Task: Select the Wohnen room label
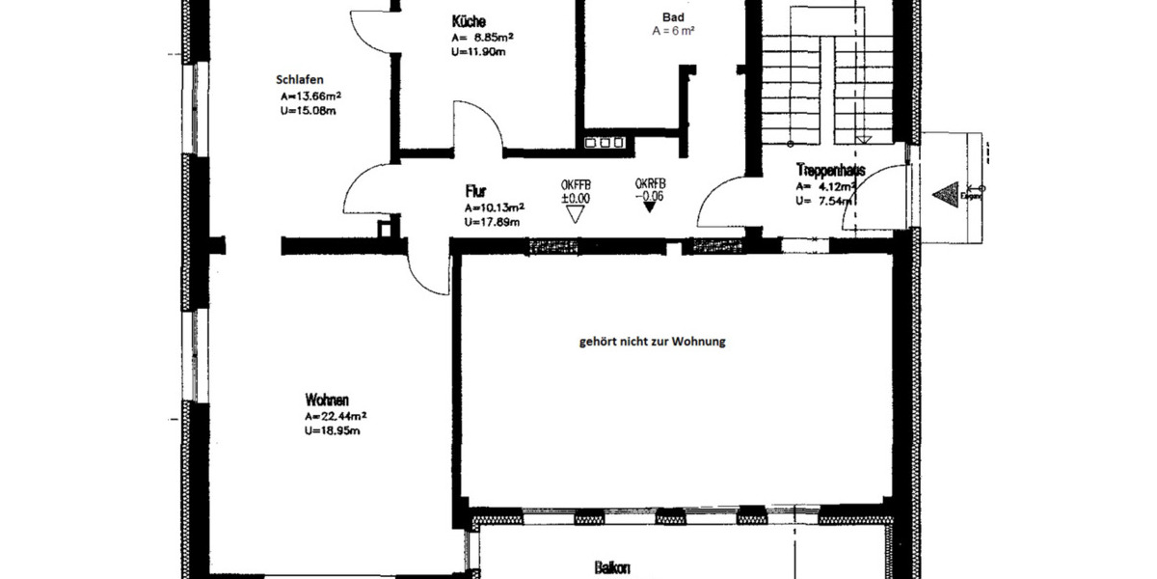coord(326,400)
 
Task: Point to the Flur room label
coord(474,193)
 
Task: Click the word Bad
coord(673,17)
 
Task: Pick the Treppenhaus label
coord(830,171)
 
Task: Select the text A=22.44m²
coord(336,416)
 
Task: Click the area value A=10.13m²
coord(495,207)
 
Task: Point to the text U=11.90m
coord(478,52)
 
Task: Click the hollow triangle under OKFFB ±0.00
coord(576,213)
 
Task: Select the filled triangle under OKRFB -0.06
coord(650,208)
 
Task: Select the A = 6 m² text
coord(673,31)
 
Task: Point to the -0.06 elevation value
coord(650,195)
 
